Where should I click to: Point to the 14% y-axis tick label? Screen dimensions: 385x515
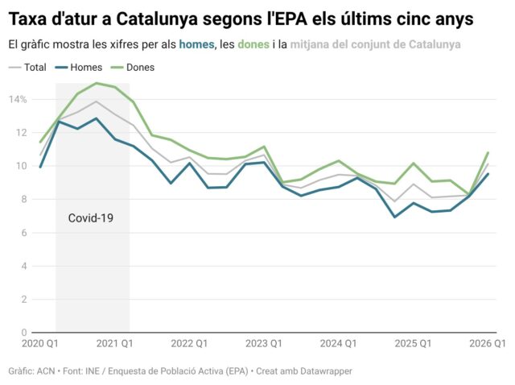18,99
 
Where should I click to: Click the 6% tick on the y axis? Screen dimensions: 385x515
22,233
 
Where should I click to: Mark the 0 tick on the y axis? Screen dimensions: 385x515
24,332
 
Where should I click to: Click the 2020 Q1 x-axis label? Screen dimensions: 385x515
39,344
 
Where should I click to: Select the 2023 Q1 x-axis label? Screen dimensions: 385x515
263,344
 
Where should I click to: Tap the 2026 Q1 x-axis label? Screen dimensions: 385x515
487,344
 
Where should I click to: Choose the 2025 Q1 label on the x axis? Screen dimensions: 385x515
413,344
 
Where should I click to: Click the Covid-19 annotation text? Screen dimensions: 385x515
90,217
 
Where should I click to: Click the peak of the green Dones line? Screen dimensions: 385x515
97,83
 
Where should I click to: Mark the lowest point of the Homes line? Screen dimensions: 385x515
395,217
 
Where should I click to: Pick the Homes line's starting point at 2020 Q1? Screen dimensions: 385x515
40,167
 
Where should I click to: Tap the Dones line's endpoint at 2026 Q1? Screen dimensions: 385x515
488,153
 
